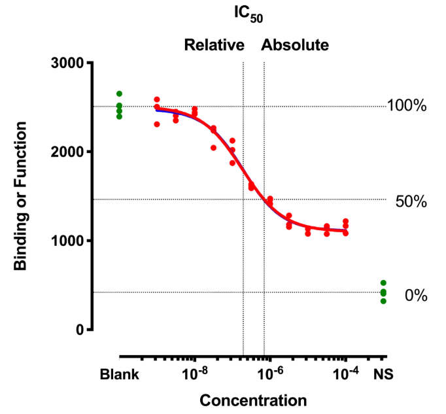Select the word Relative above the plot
[x=214, y=45]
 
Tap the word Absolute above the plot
[x=295, y=45]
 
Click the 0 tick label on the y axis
[x=78, y=330]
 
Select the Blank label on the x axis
[x=119, y=375]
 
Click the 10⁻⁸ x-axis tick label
[x=194, y=373]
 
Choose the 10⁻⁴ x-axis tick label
[x=345, y=373]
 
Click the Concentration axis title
[x=253, y=400]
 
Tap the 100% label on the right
[x=406, y=105]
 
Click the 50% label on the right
[x=411, y=201]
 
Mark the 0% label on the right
[x=415, y=296]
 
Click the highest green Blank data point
[x=119, y=94]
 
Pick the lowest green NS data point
[x=383, y=301]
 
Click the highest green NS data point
[x=383, y=283]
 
